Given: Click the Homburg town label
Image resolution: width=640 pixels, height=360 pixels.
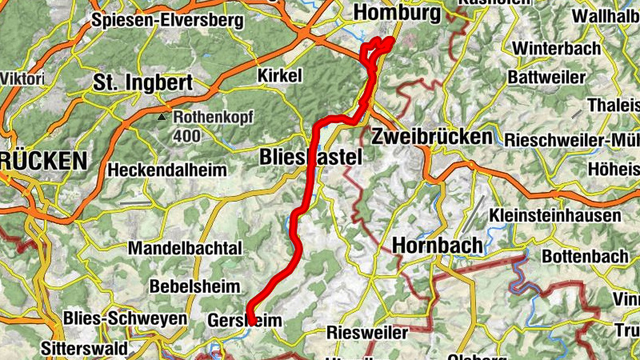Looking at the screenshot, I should coord(397,14).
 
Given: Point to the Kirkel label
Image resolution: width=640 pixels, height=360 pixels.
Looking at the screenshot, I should coord(280,75).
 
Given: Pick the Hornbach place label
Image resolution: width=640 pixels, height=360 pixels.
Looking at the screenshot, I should coord(437,245).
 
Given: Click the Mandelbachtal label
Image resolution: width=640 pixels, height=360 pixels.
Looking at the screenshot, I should coord(184,247).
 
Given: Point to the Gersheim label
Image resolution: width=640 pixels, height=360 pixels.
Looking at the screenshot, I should coord(246,320).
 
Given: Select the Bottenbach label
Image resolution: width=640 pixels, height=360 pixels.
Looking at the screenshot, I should coord(585,258).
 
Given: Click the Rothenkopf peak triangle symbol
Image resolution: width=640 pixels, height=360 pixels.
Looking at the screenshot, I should coord(163,117).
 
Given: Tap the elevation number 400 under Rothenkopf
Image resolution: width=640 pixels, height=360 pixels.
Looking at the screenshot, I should coord(186,135).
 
